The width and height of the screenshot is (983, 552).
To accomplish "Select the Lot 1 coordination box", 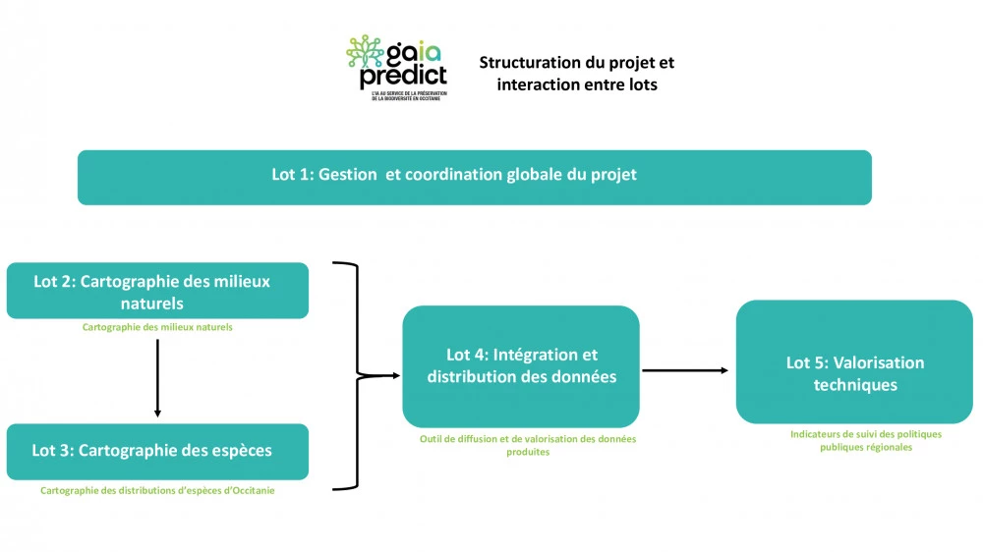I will click(474, 177).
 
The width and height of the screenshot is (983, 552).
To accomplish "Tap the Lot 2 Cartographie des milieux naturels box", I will click(157, 291).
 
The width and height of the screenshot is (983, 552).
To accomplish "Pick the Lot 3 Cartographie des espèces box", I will click(157, 451).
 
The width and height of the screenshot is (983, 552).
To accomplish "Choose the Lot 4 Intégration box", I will click(521, 365).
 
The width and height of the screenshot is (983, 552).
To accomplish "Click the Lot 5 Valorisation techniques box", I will click(854, 362).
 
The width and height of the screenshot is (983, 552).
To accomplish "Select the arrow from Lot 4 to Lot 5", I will click(686, 370).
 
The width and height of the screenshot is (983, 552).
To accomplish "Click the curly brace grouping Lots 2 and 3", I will click(357, 374).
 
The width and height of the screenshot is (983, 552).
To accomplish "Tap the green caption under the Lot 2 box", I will click(157, 327).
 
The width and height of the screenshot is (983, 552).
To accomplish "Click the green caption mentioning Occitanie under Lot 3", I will click(157, 490).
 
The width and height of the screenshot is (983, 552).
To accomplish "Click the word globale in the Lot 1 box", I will click(538, 175).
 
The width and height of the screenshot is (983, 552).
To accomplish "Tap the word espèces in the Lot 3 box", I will click(235, 451).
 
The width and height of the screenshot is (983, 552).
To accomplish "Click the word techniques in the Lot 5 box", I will click(855, 384).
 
